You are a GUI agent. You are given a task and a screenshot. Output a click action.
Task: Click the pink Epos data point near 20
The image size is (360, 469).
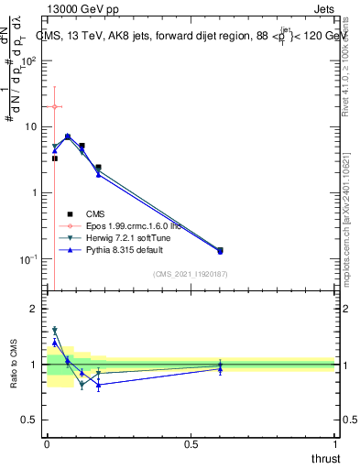pos(54,107)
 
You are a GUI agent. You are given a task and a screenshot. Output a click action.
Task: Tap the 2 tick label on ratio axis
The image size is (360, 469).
pos(34,310)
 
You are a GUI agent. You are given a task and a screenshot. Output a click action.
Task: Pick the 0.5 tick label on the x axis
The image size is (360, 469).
pos(191,445)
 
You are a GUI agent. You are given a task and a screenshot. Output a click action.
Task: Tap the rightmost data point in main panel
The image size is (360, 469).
pos(220,250)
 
